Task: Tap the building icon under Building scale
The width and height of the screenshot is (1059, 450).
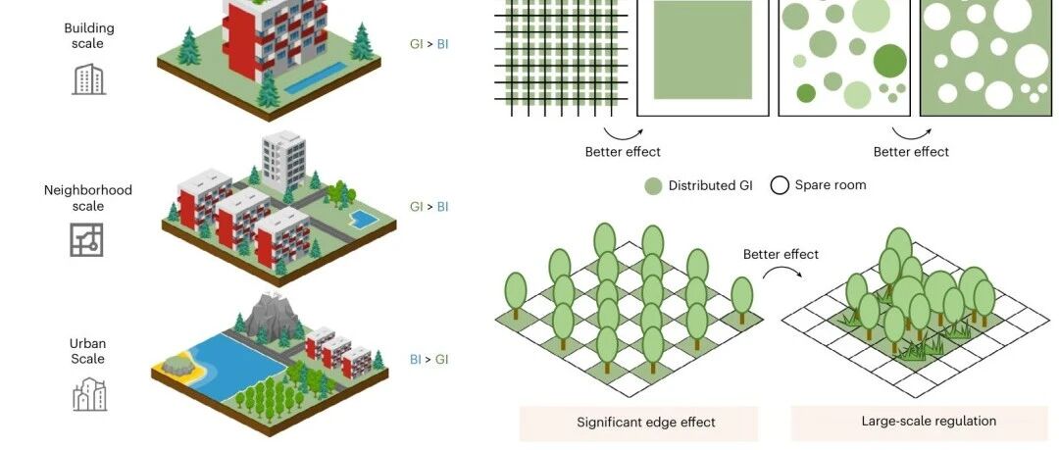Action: [88, 78]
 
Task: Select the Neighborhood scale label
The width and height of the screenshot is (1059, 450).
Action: [87, 198]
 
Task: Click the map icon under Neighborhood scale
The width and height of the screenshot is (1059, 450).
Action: [86, 240]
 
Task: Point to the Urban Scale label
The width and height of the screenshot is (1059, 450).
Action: [87, 351]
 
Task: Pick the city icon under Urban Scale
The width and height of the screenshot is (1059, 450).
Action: [88, 393]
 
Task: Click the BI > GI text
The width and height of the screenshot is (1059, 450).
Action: [429, 360]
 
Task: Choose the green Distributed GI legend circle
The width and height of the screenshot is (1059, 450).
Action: [653, 185]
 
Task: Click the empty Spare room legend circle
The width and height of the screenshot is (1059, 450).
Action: [780, 185]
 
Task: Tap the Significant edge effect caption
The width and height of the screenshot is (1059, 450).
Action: [645, 423]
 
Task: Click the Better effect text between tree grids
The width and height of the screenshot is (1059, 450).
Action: [781, 255]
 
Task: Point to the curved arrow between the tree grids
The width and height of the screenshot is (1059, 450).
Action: [781, 279]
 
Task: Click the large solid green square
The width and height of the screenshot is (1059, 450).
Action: [703, 50]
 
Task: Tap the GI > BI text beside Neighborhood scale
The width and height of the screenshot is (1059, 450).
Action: [429, 207]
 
